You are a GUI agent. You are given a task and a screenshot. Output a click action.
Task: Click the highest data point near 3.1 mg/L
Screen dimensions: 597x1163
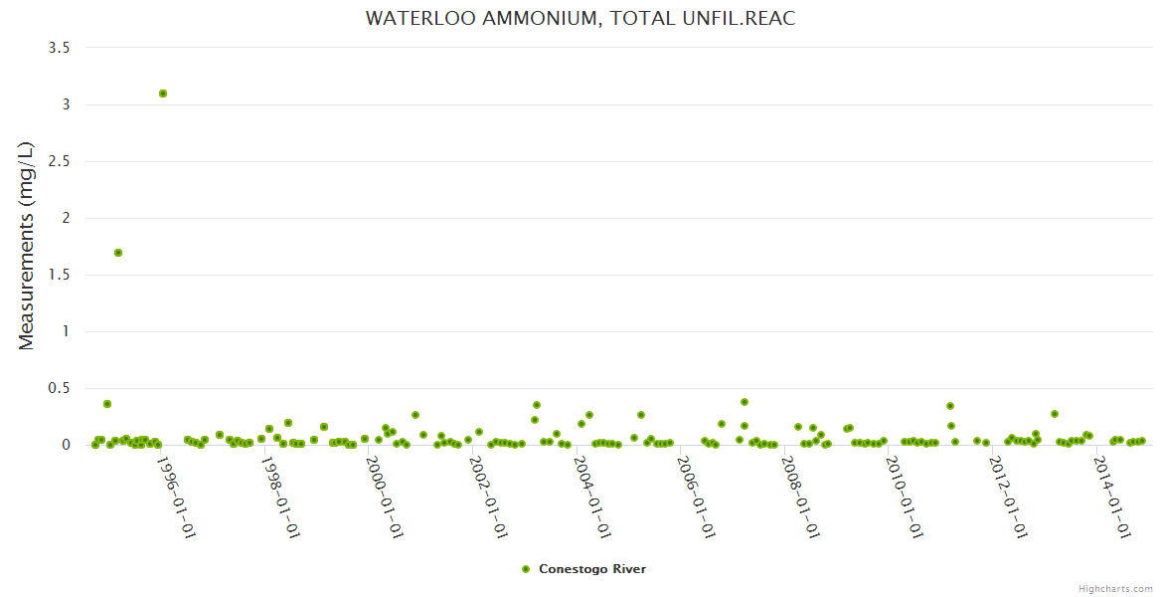click(x=163, y=94)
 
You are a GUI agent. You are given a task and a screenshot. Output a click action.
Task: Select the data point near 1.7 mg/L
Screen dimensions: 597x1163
click(x=118, y=253)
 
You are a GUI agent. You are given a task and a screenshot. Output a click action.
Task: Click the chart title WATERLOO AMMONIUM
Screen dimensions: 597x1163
click(x=581, y=19)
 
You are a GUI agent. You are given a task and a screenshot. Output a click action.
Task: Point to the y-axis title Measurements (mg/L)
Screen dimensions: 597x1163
click(x=27, y=246)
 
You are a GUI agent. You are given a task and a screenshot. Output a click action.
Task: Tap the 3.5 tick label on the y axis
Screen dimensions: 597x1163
click(x=59, y=48)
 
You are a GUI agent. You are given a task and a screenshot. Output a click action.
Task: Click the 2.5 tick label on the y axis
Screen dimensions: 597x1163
click(x=59, y=161)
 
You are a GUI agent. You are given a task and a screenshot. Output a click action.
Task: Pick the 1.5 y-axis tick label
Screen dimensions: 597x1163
click(x=59, y=275)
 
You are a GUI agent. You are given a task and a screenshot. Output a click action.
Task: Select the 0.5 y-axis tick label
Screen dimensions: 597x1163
click(x=59, y=388)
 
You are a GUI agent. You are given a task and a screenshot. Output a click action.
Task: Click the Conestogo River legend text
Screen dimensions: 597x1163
click(x=592, y=569)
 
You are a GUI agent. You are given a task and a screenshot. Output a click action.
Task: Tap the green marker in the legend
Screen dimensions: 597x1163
click(x=526, y=569)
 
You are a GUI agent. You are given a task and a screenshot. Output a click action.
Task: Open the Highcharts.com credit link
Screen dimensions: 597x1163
click(x=1115, y=589)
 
